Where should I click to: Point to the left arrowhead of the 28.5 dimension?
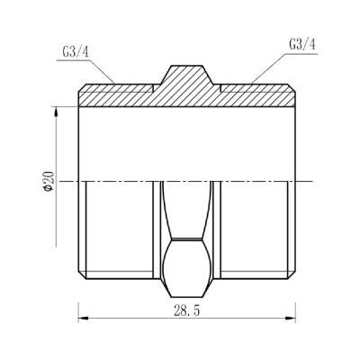(x=84, y=318)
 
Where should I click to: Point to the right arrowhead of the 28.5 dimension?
(x=292, y=318)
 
